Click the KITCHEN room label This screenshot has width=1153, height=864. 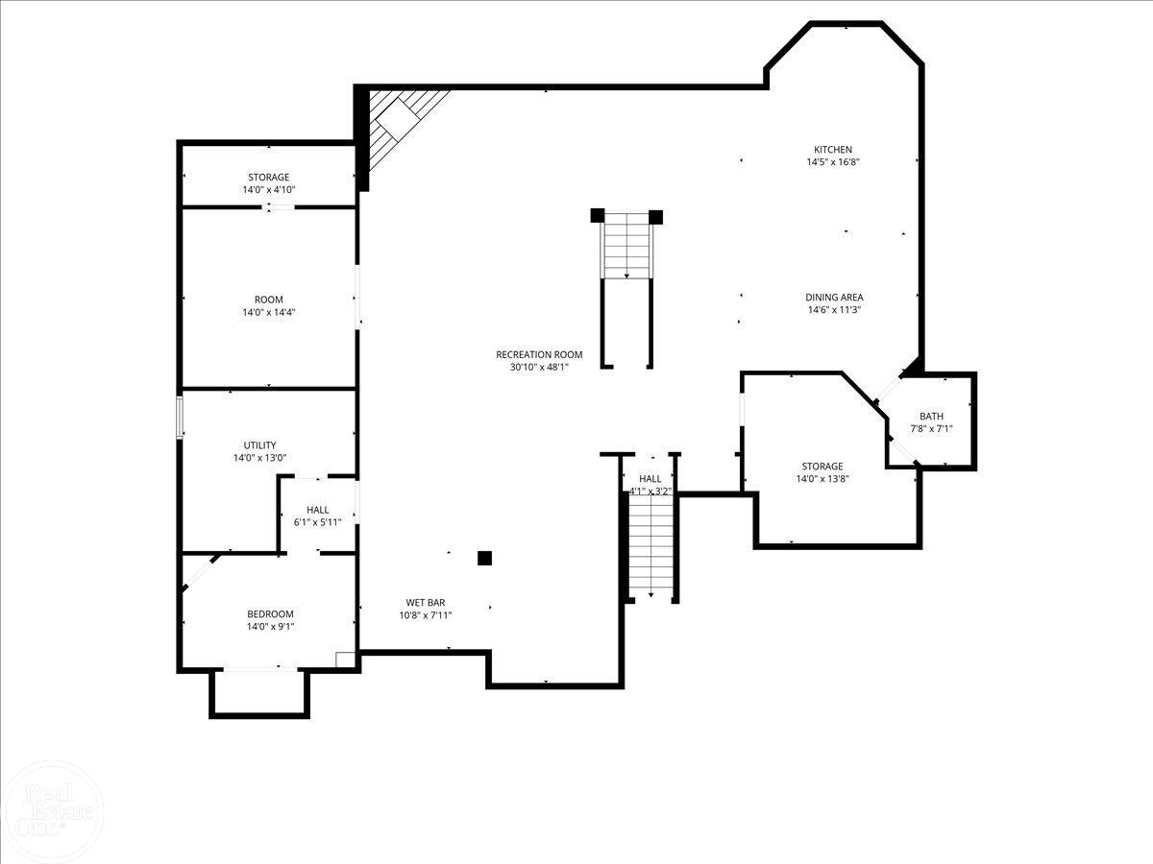point(832,150)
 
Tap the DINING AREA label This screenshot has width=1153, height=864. point(833,298)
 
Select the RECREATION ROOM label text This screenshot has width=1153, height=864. point(539,354)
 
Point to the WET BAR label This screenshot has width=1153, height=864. point(425,603)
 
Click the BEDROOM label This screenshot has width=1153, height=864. point(270,614)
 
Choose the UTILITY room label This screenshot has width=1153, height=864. point(259,445)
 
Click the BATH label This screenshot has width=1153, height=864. point(931,417)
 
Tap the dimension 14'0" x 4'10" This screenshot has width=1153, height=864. point(268,190)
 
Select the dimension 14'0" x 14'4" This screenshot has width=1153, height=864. point(268,312)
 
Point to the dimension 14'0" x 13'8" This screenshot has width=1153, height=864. point(822,479)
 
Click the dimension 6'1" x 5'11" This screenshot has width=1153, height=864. point(318,522)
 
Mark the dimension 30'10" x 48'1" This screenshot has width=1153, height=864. point(539,367)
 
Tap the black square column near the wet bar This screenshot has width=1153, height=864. point(485,558)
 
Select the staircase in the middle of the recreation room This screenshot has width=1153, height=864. point(626,248)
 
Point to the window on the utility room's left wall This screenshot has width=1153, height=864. point(180,419)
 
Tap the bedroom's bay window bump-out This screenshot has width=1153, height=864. point(259,692)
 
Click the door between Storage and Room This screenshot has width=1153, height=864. point(280,207)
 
